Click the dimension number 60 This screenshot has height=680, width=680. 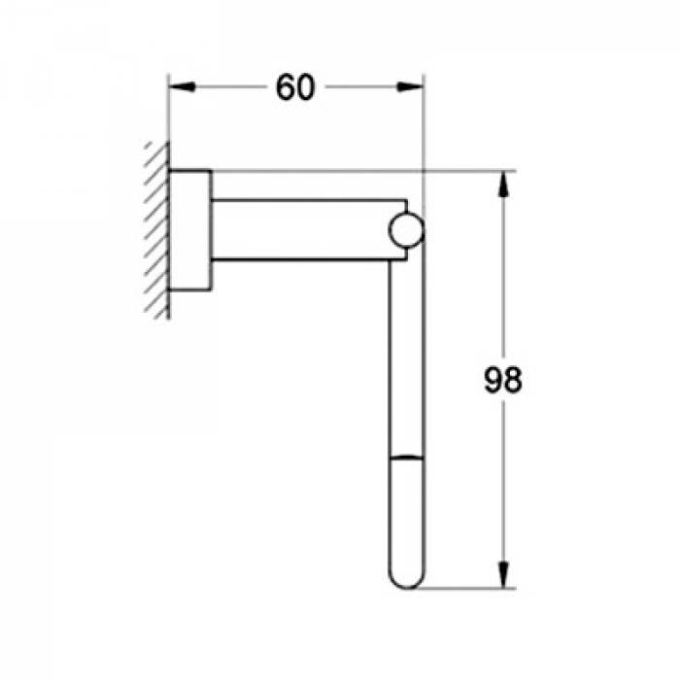295,87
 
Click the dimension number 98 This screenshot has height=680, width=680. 503,380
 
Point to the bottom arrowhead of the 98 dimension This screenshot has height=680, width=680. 503,576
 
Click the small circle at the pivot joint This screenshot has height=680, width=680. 406,229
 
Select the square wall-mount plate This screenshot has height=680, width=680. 190,229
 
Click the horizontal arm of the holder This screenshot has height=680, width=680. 301,229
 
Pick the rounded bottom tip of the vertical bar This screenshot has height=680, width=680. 406,579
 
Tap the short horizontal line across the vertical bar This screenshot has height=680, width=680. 406,456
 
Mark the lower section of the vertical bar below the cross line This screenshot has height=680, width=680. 406,515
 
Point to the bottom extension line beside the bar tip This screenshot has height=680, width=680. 466,588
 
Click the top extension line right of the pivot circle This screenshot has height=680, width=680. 466,171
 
